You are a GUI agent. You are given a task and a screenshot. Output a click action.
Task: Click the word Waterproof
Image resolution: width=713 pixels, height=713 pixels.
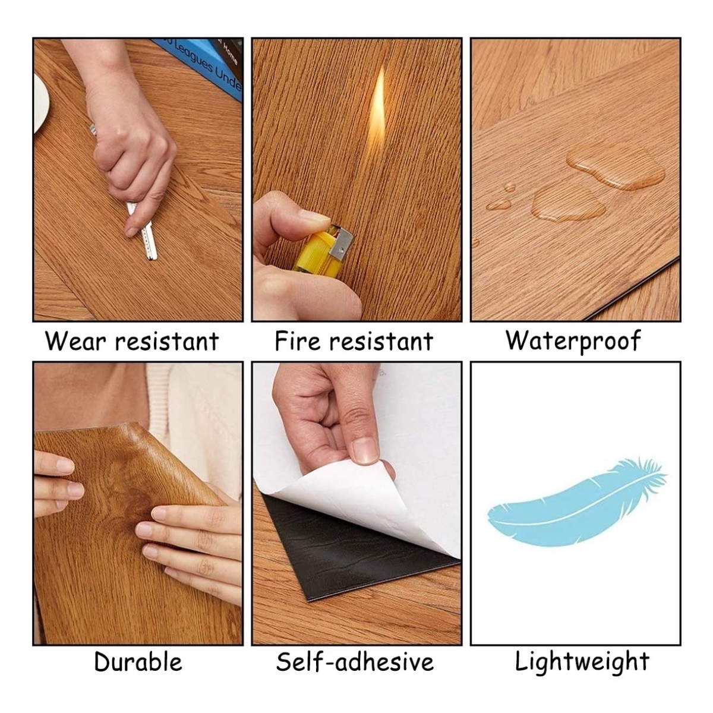(573, 341)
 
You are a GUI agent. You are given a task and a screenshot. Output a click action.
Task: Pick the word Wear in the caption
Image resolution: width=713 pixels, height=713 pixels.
(75, 341)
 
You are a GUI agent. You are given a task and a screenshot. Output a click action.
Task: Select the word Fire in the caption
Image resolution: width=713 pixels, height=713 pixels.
(297, 341)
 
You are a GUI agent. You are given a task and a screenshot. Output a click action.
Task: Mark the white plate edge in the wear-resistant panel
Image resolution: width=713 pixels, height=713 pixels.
(41, 103)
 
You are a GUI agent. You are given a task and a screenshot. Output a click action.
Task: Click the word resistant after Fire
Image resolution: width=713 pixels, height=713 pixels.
(381, 341)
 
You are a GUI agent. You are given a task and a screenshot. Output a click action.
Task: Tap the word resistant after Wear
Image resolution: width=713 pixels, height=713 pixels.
(167, 341)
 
